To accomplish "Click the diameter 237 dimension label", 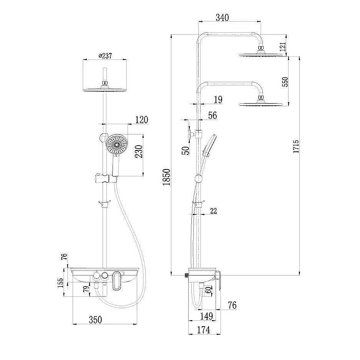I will coord(105,56).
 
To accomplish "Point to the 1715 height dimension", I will coord(295,146).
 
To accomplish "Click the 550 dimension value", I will coord(285,82).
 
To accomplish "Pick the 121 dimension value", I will coord(283,47).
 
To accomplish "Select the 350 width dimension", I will coord(95,319).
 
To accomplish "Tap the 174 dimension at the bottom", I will coord(204,329).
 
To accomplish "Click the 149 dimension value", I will coord(206,316).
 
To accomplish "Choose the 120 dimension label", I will coord(141,120).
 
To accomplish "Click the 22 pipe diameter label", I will coord(214,211).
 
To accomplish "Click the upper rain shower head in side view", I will coord(264,55).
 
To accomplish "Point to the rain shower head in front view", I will coord(105,89).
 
